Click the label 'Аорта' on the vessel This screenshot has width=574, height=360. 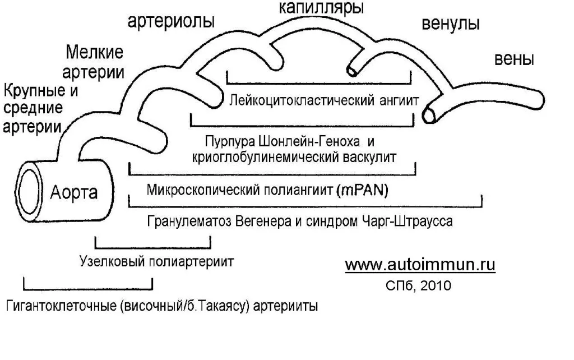[74, 193]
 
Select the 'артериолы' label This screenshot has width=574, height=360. [172, 22]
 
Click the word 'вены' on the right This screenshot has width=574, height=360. [513, 59]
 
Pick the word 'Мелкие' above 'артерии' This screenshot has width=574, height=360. [94, 54]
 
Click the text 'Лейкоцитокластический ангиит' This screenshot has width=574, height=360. [324, 101]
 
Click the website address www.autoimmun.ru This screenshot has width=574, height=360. [420, 265]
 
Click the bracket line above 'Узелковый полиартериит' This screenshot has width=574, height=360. [154, 247]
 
